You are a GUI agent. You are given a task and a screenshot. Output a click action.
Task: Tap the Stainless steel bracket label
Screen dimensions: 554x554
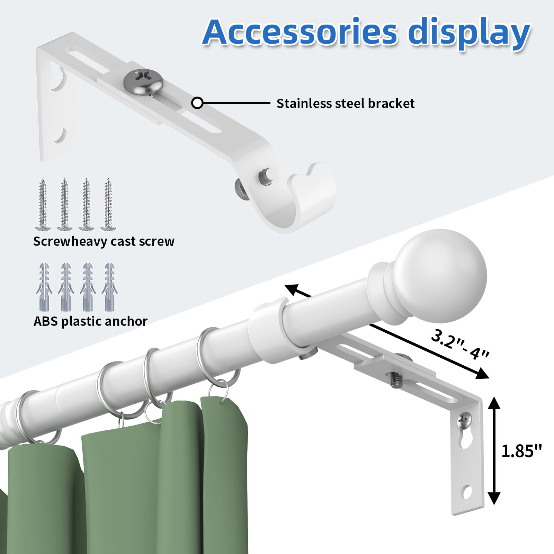(345, 103)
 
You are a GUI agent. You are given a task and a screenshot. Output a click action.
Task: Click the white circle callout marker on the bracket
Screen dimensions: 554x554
(197, 103)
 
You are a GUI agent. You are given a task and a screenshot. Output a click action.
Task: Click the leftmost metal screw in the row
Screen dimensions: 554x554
(43, 204)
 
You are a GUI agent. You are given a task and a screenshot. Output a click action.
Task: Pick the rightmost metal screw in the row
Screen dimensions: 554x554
(108, 204)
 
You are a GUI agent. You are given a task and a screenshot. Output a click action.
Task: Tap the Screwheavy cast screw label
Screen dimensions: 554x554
(104, 241)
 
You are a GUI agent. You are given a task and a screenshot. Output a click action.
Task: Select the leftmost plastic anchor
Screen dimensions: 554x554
(44, 287)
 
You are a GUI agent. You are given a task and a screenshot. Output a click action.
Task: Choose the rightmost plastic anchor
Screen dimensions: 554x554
(109, 287)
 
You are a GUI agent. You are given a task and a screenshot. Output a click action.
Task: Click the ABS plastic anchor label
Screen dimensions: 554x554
(90, 321)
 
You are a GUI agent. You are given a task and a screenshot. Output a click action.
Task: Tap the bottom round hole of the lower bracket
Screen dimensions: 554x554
(467, 492)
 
